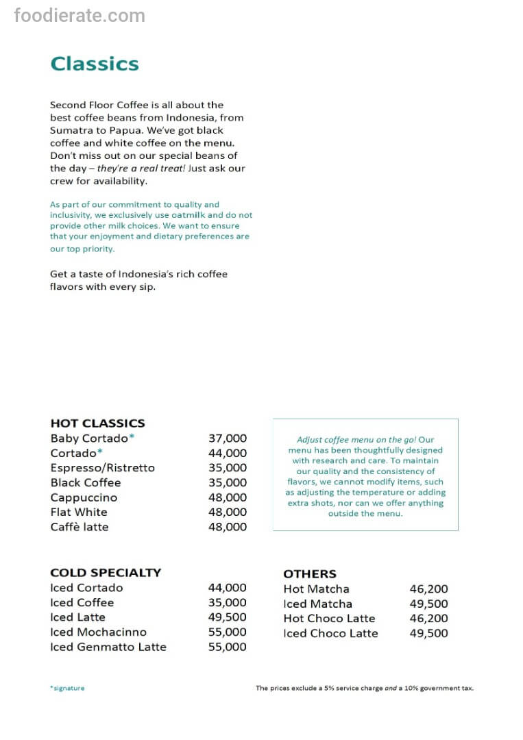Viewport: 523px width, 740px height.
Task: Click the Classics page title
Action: [x=95, y=64]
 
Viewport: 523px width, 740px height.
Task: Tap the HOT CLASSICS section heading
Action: [x=97, y=423]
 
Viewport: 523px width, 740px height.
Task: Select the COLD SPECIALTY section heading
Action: [x=106, y=573]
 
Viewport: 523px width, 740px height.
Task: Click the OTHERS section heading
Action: [x=310, y=574]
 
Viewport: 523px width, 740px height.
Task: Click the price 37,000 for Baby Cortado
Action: [x=227, y=439]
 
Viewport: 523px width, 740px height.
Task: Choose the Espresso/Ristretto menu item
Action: [x=102, y=468]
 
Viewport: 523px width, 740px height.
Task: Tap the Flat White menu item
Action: [x=78, y=512]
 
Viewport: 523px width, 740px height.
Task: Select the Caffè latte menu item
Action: [x=79, y=527]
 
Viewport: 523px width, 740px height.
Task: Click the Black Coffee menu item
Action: [x=85, y=482]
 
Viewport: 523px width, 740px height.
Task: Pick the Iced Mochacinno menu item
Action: [x=98, y=632]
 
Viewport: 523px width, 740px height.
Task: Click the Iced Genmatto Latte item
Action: [x=108, y=647]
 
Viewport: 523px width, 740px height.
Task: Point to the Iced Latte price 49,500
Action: [x=227, y=617]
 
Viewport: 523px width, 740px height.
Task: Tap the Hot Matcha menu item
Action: [x=316, y=589]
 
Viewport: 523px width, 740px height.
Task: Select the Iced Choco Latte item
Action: [x=330, y=633]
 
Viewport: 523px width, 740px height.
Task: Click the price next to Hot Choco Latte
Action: [x=428, y=618]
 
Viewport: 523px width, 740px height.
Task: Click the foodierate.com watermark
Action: [x=80, y=15]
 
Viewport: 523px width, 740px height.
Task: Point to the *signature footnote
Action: [x=67, y=688]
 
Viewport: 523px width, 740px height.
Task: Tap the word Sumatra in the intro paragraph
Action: [x=69, y=130]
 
